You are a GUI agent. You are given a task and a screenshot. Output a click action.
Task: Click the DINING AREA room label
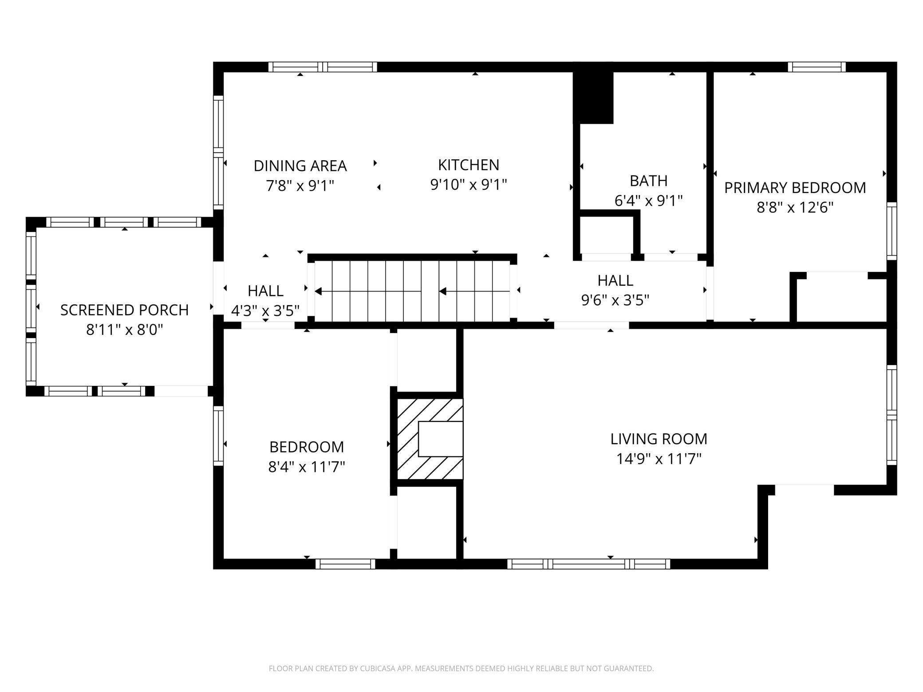coord(300,166)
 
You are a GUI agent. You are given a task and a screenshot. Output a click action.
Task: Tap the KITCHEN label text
coord(469,165)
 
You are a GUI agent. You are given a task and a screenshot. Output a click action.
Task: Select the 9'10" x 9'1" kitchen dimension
coord(469,185)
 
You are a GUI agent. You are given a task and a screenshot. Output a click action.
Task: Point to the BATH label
coord(648,181)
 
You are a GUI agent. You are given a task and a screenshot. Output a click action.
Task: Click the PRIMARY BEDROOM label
coord(795,188)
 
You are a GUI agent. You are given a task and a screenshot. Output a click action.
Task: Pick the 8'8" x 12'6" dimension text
coord(795,208)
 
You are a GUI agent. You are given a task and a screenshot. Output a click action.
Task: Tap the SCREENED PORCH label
coord(125,310)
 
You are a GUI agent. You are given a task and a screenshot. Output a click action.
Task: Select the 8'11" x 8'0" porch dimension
coord(125,330)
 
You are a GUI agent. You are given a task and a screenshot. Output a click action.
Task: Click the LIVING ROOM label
coord(659,439)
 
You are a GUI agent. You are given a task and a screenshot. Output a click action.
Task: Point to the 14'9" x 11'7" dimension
coord(659,459)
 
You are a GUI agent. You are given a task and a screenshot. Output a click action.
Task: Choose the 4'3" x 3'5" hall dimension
coord(265,311)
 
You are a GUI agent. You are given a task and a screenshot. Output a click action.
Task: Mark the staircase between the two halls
coord(412,291)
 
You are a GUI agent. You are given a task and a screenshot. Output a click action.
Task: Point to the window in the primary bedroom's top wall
coord(817,67)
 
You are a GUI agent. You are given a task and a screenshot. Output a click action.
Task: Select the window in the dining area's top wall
coord(323,67)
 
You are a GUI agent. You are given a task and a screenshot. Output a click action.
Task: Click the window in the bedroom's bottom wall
coord(345,564)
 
